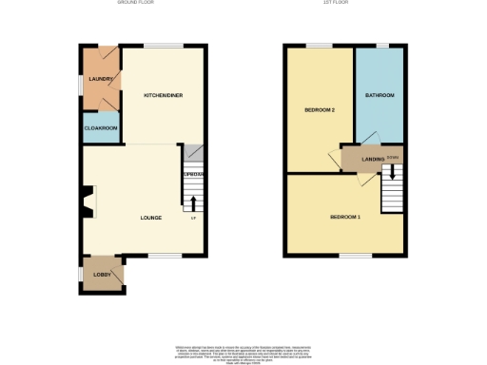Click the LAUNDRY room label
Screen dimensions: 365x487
pos(102,79)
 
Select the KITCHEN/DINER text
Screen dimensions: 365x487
pos(163,95)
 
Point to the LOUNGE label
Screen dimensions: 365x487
pos(150,218)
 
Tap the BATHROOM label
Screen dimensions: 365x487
pos(380,95)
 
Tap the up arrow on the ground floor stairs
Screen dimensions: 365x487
pos(193,202)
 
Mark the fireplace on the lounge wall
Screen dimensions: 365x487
pos(88,202)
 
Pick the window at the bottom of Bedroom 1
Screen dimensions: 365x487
pos(357,255)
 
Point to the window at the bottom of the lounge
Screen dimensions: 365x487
pos(164,255)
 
